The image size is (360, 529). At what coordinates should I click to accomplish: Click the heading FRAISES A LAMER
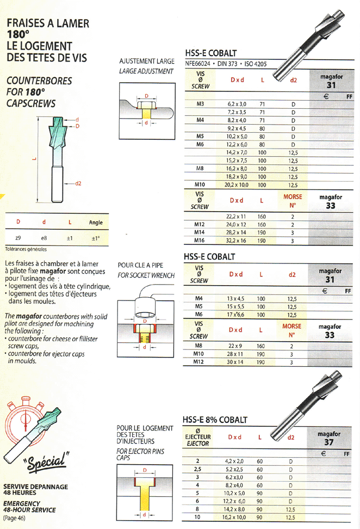47,23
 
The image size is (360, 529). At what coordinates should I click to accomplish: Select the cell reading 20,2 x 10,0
236,185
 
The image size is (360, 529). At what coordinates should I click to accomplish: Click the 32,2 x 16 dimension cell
236,241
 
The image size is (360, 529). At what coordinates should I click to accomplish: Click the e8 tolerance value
44,238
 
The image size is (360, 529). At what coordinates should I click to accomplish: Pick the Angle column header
96,223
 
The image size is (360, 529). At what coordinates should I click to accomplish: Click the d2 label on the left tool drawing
78,183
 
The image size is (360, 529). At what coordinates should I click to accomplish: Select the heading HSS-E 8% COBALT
215,420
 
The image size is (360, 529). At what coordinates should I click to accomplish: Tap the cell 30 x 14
235,362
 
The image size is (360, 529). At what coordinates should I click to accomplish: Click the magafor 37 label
329,439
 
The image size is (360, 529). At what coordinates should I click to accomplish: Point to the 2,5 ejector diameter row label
197,469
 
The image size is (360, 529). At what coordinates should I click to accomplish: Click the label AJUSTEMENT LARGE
146,61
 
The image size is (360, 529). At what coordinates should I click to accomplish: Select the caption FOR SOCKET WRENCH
146,275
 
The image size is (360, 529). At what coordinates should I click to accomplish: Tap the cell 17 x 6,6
235,315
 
